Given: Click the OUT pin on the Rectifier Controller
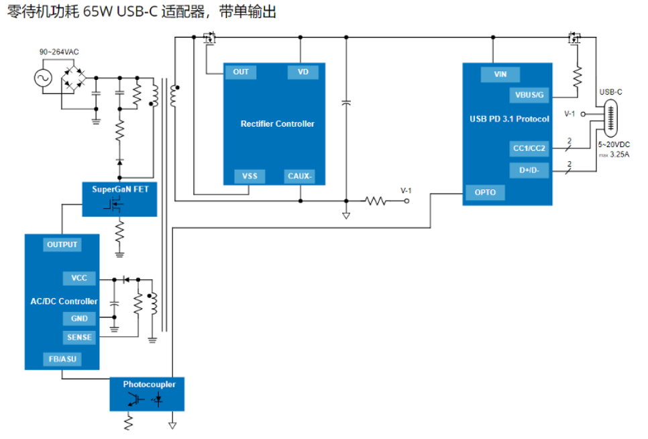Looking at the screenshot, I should [x=240, y=72].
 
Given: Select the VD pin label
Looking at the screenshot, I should [x=303, y=72].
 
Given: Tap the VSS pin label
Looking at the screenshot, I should [x=249, y=177].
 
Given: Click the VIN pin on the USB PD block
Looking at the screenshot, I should [x=500, y=75].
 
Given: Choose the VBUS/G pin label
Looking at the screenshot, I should [x=529, y=95].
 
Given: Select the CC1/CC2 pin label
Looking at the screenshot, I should [x=529, y=148].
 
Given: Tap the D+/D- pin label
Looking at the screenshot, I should [x=529, y=170].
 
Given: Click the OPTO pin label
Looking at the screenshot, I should [x=484, y=193].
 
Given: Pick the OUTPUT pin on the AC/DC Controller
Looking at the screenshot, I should [x=62, y=245].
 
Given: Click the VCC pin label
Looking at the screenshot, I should [x=79, y=278].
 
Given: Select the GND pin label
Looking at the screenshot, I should [x=79, y=319].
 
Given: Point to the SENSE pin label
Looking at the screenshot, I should [x=79, y=338].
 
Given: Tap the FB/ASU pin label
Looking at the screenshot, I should [x=62, y=359].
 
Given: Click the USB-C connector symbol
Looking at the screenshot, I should [x=610, y=118].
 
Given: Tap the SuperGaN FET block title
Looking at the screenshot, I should [x=119, y=189].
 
